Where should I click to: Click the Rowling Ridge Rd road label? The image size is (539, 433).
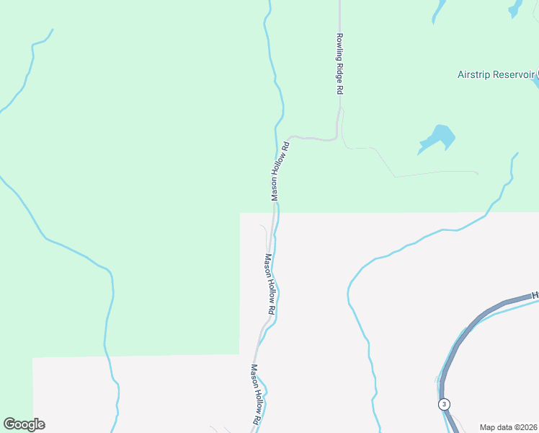[339, 64]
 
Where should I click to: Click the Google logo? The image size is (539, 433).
[24, 424]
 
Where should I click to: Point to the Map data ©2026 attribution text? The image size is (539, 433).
[509, 427]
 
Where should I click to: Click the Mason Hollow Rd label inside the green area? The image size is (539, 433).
[280, 171]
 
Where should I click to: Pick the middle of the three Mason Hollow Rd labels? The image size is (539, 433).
[270, 284]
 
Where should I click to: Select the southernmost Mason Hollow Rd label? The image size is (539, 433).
[255, 393]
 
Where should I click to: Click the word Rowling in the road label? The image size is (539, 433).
[339, 46]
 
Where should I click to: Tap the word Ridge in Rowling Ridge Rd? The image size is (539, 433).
[339, 71]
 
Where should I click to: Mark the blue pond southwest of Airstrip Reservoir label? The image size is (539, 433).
[437, 138]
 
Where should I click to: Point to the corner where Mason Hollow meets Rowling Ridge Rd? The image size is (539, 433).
[337, 138]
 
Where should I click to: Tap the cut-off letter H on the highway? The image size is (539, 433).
[535, 295]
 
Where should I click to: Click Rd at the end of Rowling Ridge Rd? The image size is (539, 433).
[339, 90]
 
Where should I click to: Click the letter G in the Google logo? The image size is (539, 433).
[9, 424]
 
